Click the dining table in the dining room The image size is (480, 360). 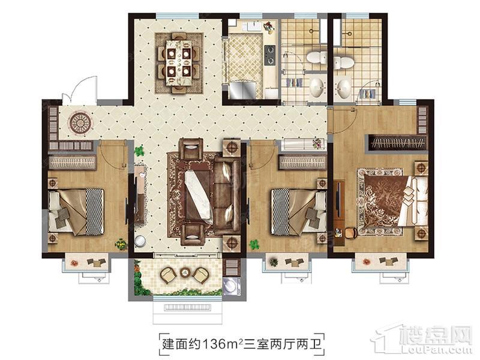(179, 63)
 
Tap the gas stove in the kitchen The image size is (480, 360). (269, 55)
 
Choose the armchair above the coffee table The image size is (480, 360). (191, 149)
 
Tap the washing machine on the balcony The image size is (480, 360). (231, 286)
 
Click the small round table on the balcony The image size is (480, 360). (185, 272)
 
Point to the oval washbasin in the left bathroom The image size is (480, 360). (316, 87)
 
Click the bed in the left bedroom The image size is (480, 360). (76, 212)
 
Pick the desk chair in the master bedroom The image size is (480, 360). (351, 233)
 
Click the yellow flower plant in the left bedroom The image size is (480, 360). (121, 244)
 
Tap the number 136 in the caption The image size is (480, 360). (217, 344)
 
